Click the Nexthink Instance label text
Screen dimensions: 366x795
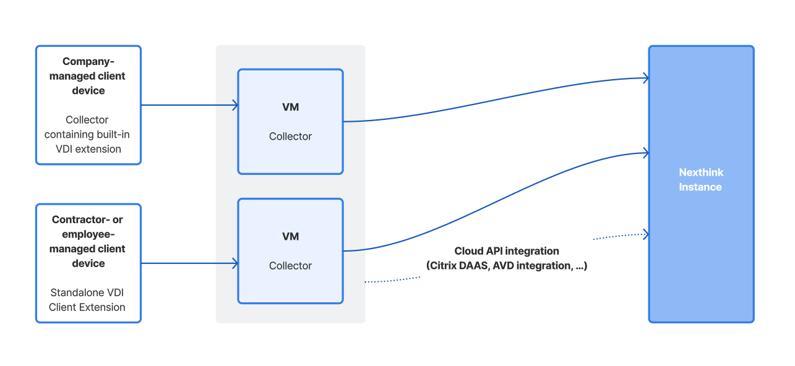point(701,180)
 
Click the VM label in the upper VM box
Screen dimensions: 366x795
point(290,107)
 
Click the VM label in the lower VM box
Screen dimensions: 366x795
point(290,236)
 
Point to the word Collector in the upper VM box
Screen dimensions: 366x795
point(290,136)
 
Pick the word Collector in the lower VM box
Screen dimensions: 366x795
point(290,265)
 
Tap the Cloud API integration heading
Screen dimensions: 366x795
point(507,251)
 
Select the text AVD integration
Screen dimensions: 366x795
point(534,266)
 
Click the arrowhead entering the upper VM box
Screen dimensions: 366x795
point(235,105)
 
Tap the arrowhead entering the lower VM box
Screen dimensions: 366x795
point(235,263)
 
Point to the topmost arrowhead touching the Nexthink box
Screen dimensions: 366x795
point(645,78)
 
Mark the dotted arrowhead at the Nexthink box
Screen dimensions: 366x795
point(645,234)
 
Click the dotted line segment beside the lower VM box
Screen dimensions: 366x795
point(392,280)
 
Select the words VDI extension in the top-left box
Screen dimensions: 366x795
point(88,149)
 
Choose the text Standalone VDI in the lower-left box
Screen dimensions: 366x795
point(87,292)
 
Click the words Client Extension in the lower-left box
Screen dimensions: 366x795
point(87,307)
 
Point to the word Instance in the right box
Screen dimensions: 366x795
point(700,187)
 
